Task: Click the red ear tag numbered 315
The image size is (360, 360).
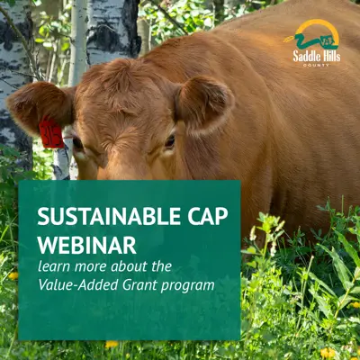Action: tap(50, 132)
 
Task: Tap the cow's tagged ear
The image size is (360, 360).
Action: tap(40, 105)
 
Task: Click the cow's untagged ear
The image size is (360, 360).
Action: tap(204, 103)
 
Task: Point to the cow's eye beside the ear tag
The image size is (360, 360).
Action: tap(77, 143)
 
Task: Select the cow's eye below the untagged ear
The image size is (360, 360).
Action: tap(170, 141)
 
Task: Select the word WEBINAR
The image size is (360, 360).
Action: tap(87, 246)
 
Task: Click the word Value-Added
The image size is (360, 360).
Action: tap(78, 285)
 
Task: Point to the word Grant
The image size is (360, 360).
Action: tap(140, 285)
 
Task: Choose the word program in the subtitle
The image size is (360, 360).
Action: tap(188, 286)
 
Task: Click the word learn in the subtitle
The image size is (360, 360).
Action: tap(54, 266)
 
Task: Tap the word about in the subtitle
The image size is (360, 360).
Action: tap(130, 266)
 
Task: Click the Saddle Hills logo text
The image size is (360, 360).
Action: tap(317, 56)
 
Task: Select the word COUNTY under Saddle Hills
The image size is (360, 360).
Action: tap(316, 65)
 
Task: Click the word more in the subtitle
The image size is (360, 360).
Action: tap(91, 267)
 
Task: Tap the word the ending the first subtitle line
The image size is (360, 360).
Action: tap(161, 266)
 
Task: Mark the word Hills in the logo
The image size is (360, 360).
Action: tap(329, 56)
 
